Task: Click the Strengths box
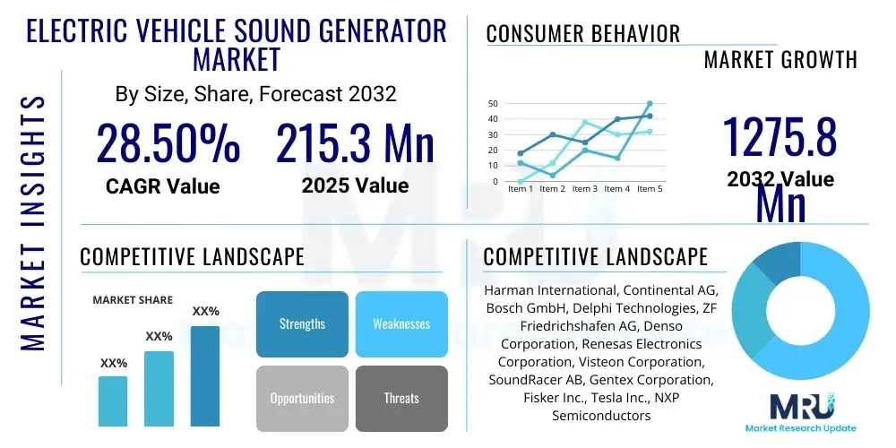pyautogui.click(x=302, y=324)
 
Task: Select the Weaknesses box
pyautogui.click(x=401, y=324)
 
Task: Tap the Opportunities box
pyautogui.click(x=302, y=398)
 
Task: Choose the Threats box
pyautogui.click(x=401, y=398)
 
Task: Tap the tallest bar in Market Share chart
pyautogui.click(x=205, y=376)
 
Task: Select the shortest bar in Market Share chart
pyautogui.click(x=113, y=401)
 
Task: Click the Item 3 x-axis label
pyautogui.click(x=584, y=189)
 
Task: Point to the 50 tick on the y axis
pyautogui.click(x=493, y=104)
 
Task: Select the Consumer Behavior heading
pyautogui.click(x=582, y=35)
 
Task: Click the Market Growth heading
pyautogui.click(x=780, y=60)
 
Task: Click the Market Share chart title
pyautogui.click(x=133, y=300)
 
